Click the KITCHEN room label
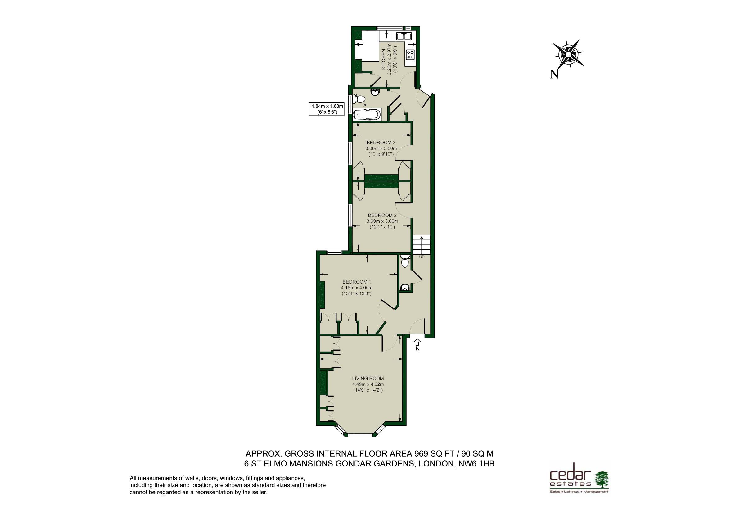[x=384, y=59]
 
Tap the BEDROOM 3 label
[x=381, y=143]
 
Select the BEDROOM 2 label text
[x=382, y=215]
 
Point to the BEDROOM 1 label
[x=357, y=282]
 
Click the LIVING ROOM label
[x=368, y=378]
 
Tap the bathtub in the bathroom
[x=367, y=115]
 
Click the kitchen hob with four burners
[x=410, y=54]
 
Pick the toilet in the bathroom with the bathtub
[x=359, y=99]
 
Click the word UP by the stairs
[x=422, y=257]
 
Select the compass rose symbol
[x=569, y=54]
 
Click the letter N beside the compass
[x=554, y=75]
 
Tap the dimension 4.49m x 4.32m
[x=368, y=384]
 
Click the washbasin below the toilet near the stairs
[x=405, y=287]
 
